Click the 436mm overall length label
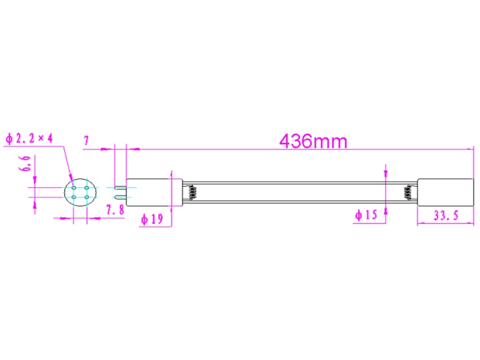pos(313,141)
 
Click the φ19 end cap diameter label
pos(152,220)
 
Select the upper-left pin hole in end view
pos(73,187)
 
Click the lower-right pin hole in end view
pos(87,197)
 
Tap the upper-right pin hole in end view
pos(87,187)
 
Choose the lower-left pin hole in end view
pos(73,197)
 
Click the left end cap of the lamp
pos(149,192)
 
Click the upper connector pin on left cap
pos(121,187)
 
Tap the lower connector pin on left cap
pos(121,197)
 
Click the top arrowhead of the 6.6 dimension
pos(35,179)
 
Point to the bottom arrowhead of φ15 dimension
pos(386,205)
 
